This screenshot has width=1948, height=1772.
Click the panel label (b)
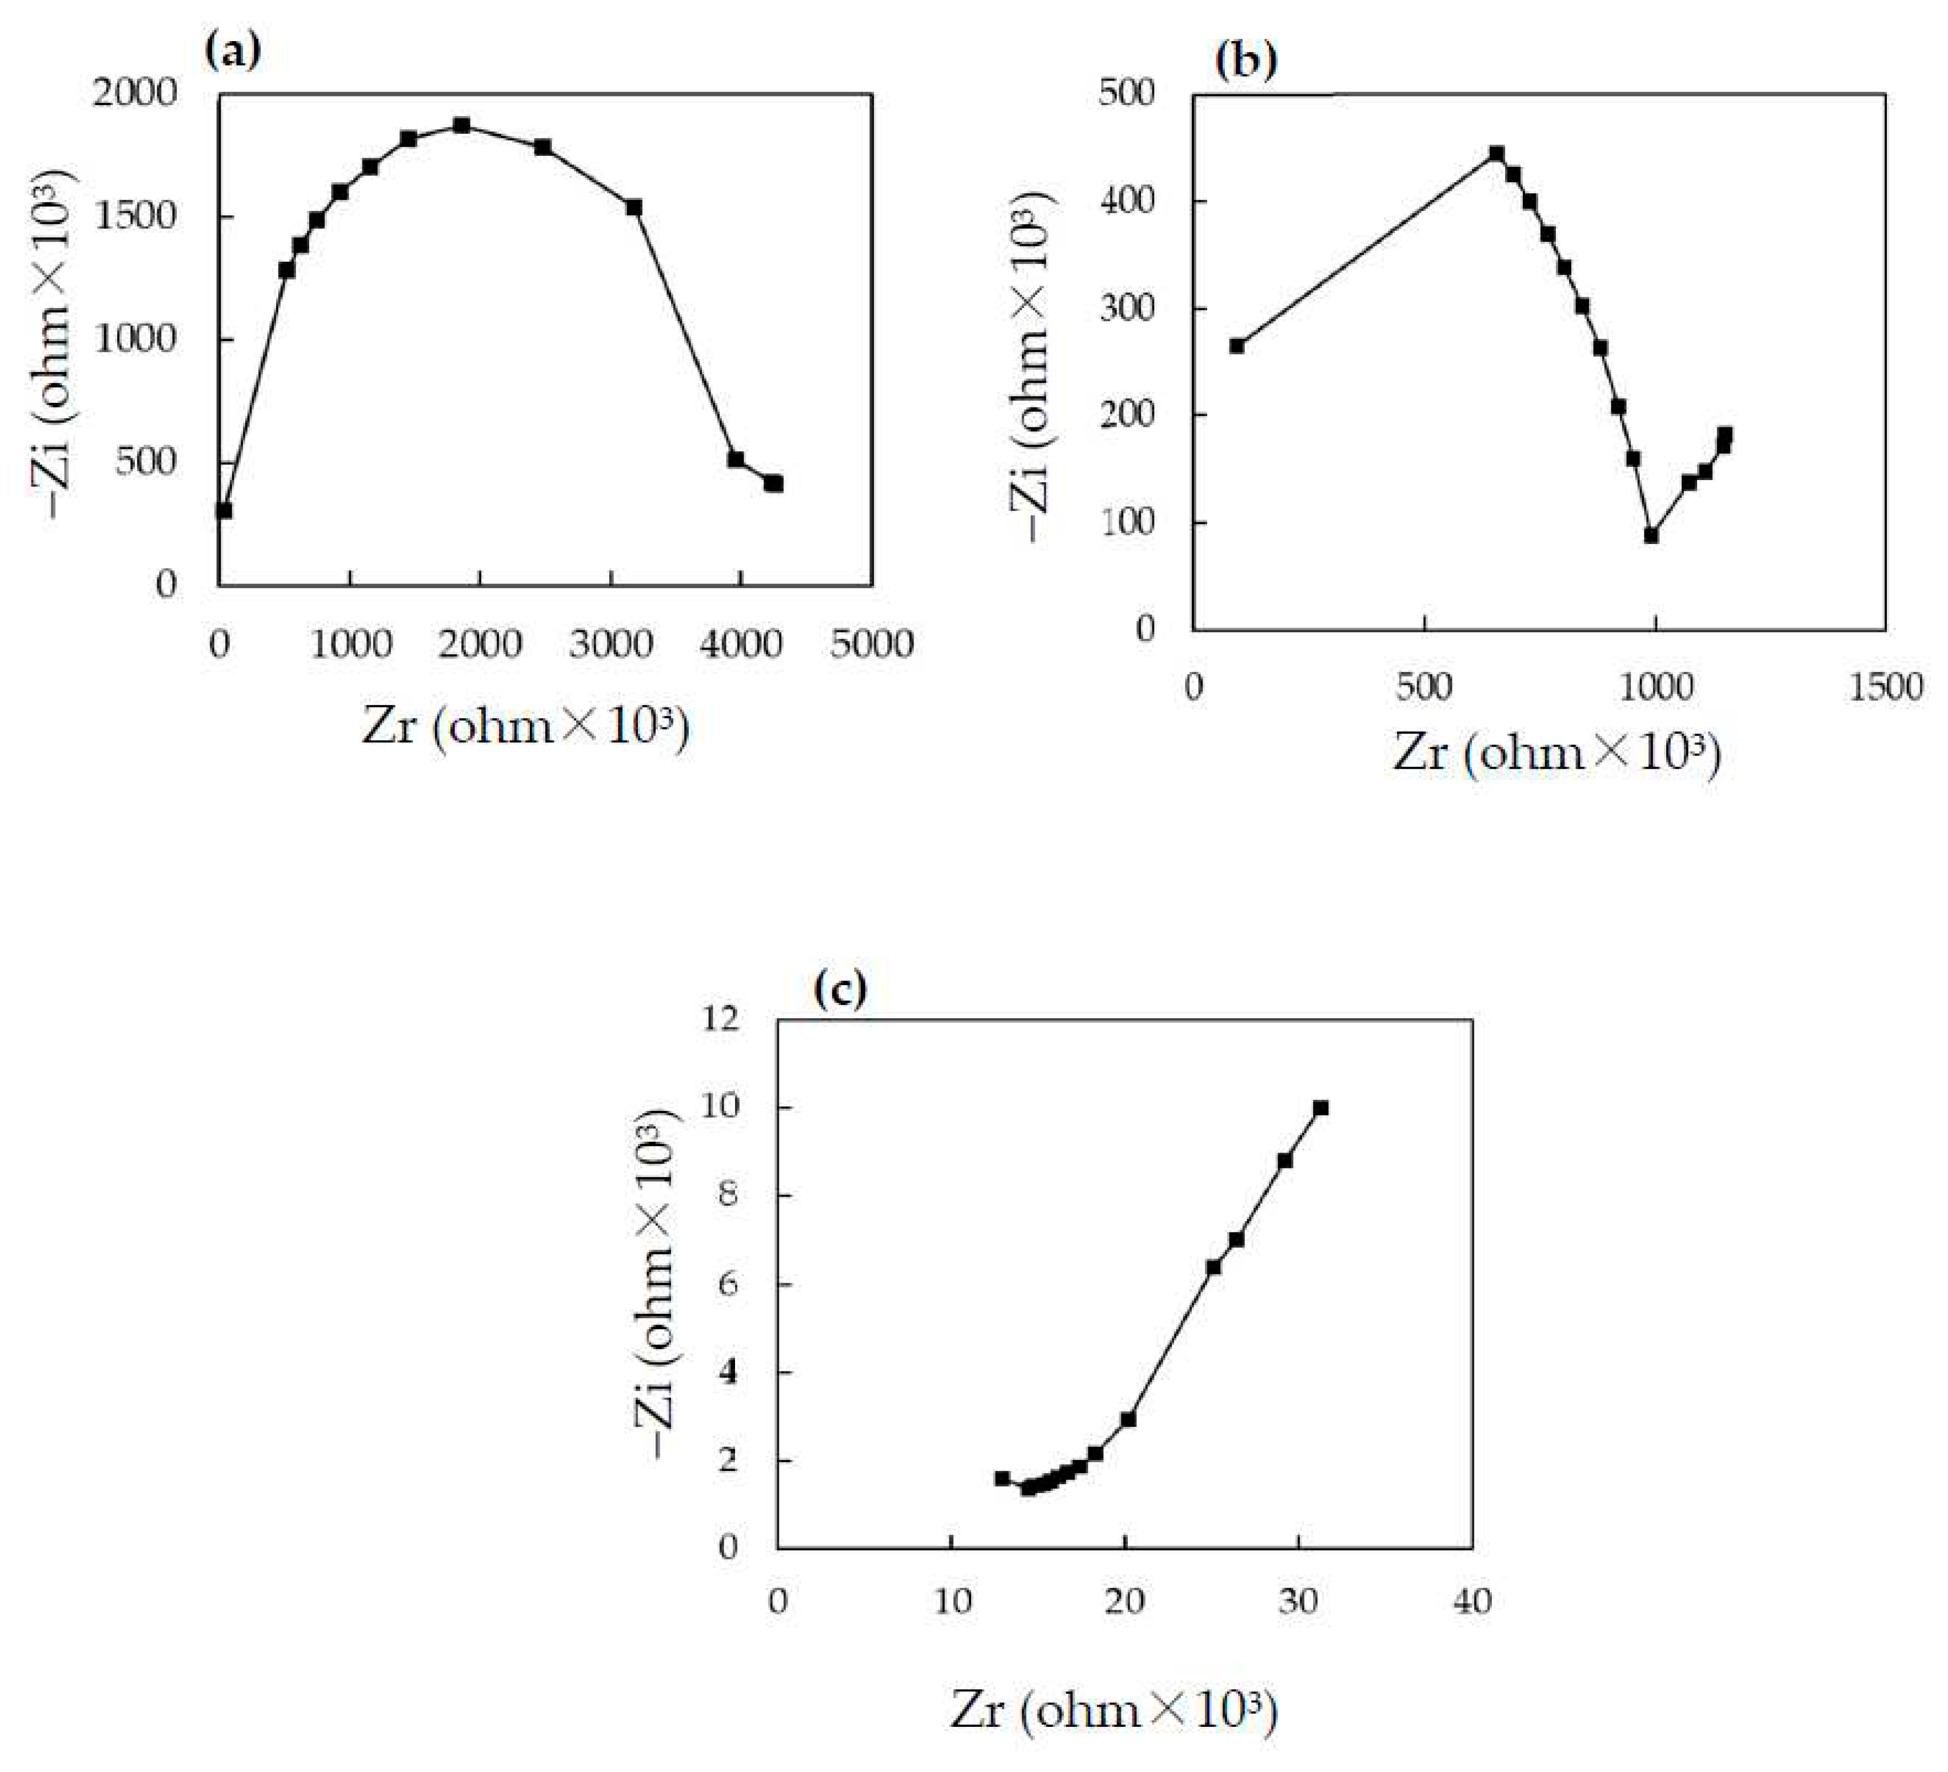pos(1246,61)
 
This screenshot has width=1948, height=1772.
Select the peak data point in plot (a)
pos(462,126)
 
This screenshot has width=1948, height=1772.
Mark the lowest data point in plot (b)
pos(1651,535)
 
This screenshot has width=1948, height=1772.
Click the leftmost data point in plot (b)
pos(1237,345)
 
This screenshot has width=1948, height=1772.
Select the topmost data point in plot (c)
pos(1320,1108)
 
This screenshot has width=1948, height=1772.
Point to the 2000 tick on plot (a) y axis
pos(135,94)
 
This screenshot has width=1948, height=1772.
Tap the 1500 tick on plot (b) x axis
pos(1885,687)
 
